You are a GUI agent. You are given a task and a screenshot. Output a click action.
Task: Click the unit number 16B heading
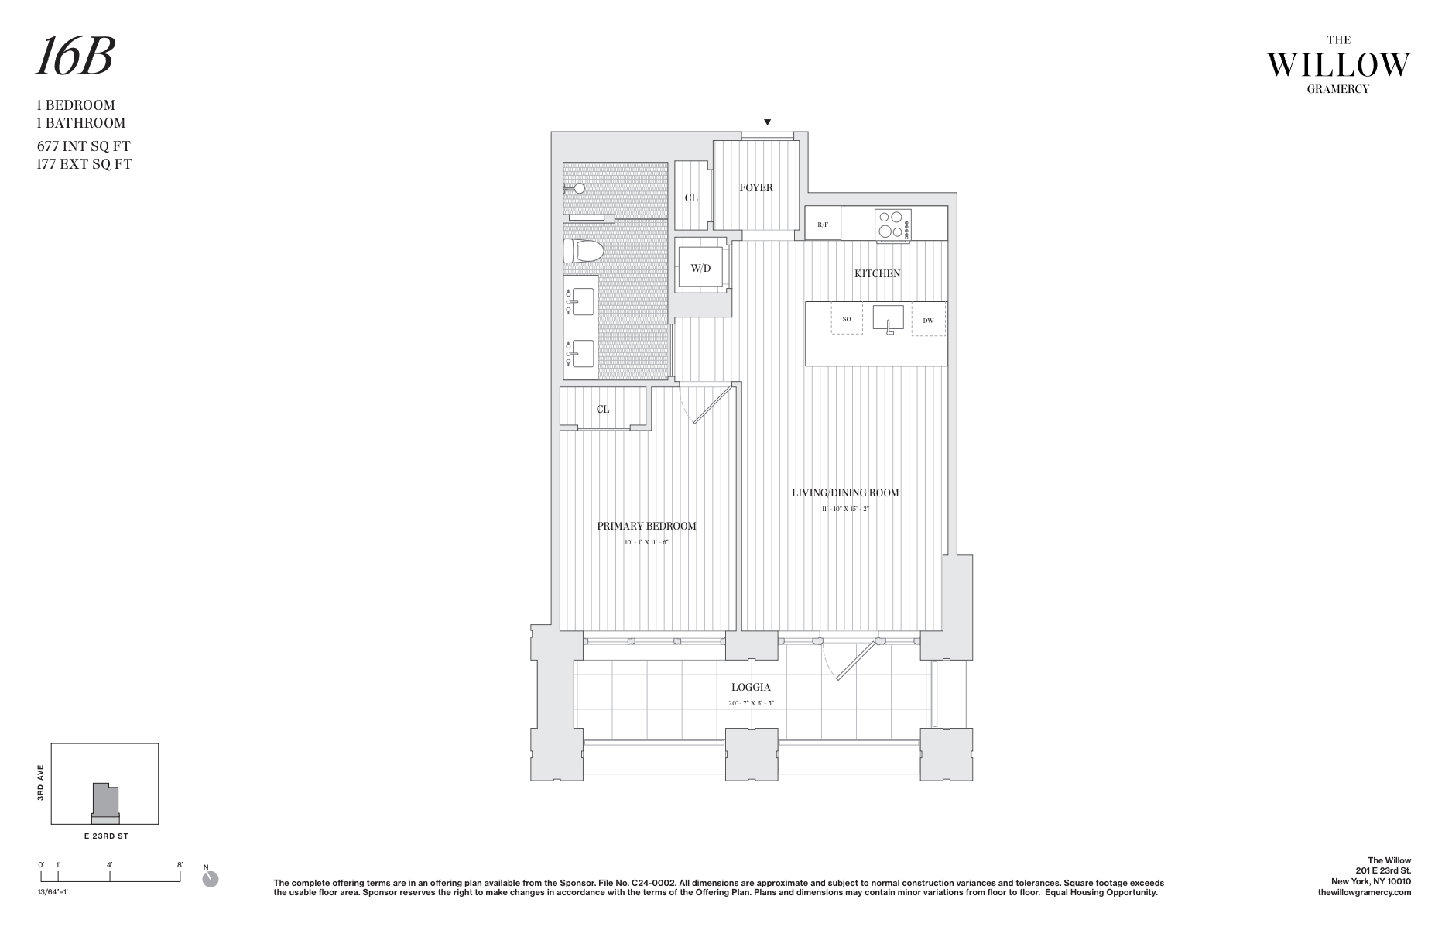[x=75, y=58]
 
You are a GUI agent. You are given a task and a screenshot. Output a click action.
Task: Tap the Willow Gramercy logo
[x=1337, y=65]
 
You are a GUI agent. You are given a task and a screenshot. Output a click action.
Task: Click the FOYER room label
[x=755, y=187]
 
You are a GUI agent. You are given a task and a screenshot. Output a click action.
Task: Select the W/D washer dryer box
[x=700, y=268]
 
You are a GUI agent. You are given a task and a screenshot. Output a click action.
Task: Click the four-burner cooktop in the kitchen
[x=892, y=225]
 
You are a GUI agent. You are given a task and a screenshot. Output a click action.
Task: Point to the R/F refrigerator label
[x=823, y=225]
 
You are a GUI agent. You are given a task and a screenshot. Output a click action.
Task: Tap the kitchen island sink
[x=889, y=318]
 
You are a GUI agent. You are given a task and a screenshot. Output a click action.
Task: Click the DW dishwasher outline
[x=928, y=320]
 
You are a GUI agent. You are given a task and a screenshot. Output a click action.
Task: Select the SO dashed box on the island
[x=847, y=319]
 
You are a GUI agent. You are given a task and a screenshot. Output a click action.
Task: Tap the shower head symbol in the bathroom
[x=577, y=188]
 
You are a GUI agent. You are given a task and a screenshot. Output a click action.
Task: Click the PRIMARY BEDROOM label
[x=646, y=526]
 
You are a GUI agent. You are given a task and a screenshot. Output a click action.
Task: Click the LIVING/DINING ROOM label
[x=845, y=493]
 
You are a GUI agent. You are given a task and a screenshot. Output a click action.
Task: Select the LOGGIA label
[x=751, y=687]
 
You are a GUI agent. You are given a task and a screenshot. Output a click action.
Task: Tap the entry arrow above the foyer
[x=767, y=122]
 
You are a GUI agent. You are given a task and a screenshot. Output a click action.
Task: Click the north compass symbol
[x=210, y=879]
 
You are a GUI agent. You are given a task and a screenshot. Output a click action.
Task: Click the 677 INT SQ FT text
[x=84, y=146]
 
